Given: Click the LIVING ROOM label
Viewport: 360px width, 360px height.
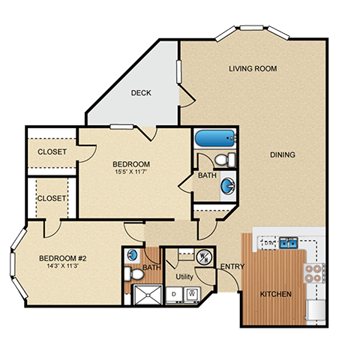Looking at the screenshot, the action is (253, 68).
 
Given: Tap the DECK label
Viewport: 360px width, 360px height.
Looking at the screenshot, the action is (141, 93).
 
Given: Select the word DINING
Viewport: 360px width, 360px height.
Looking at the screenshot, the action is (283, 154).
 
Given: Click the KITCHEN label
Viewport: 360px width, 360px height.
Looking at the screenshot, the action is (275, 294).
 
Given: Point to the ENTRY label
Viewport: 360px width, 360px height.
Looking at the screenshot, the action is (232, 267).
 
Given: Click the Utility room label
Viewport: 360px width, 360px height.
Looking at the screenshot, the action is (184, 277).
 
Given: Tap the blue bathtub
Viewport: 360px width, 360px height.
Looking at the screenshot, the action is (215, 138).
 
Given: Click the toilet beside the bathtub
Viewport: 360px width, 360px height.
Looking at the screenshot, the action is (225, 160).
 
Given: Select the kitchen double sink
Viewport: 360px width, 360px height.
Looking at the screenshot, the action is (289, 242).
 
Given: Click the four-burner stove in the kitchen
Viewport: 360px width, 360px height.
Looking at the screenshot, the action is (314, 273).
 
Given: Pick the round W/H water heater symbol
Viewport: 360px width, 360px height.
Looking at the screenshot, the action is (204, 257).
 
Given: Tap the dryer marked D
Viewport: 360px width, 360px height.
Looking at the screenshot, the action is (174, 295).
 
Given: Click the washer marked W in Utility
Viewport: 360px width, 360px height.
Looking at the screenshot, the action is (192, 294).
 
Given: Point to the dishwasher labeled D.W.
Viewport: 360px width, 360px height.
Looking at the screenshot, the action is (268, 242).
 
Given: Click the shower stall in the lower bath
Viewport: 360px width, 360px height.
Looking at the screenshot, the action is (148, 295).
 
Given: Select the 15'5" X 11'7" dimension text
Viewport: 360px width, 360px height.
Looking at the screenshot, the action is (131, 172).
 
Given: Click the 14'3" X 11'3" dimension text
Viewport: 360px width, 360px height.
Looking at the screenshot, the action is (63, 265).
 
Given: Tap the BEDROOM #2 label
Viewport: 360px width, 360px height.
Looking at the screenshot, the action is (63, 258).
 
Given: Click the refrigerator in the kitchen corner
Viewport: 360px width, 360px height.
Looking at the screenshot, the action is (316, 310).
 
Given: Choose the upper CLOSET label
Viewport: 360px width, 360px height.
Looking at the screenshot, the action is (52, 151).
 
